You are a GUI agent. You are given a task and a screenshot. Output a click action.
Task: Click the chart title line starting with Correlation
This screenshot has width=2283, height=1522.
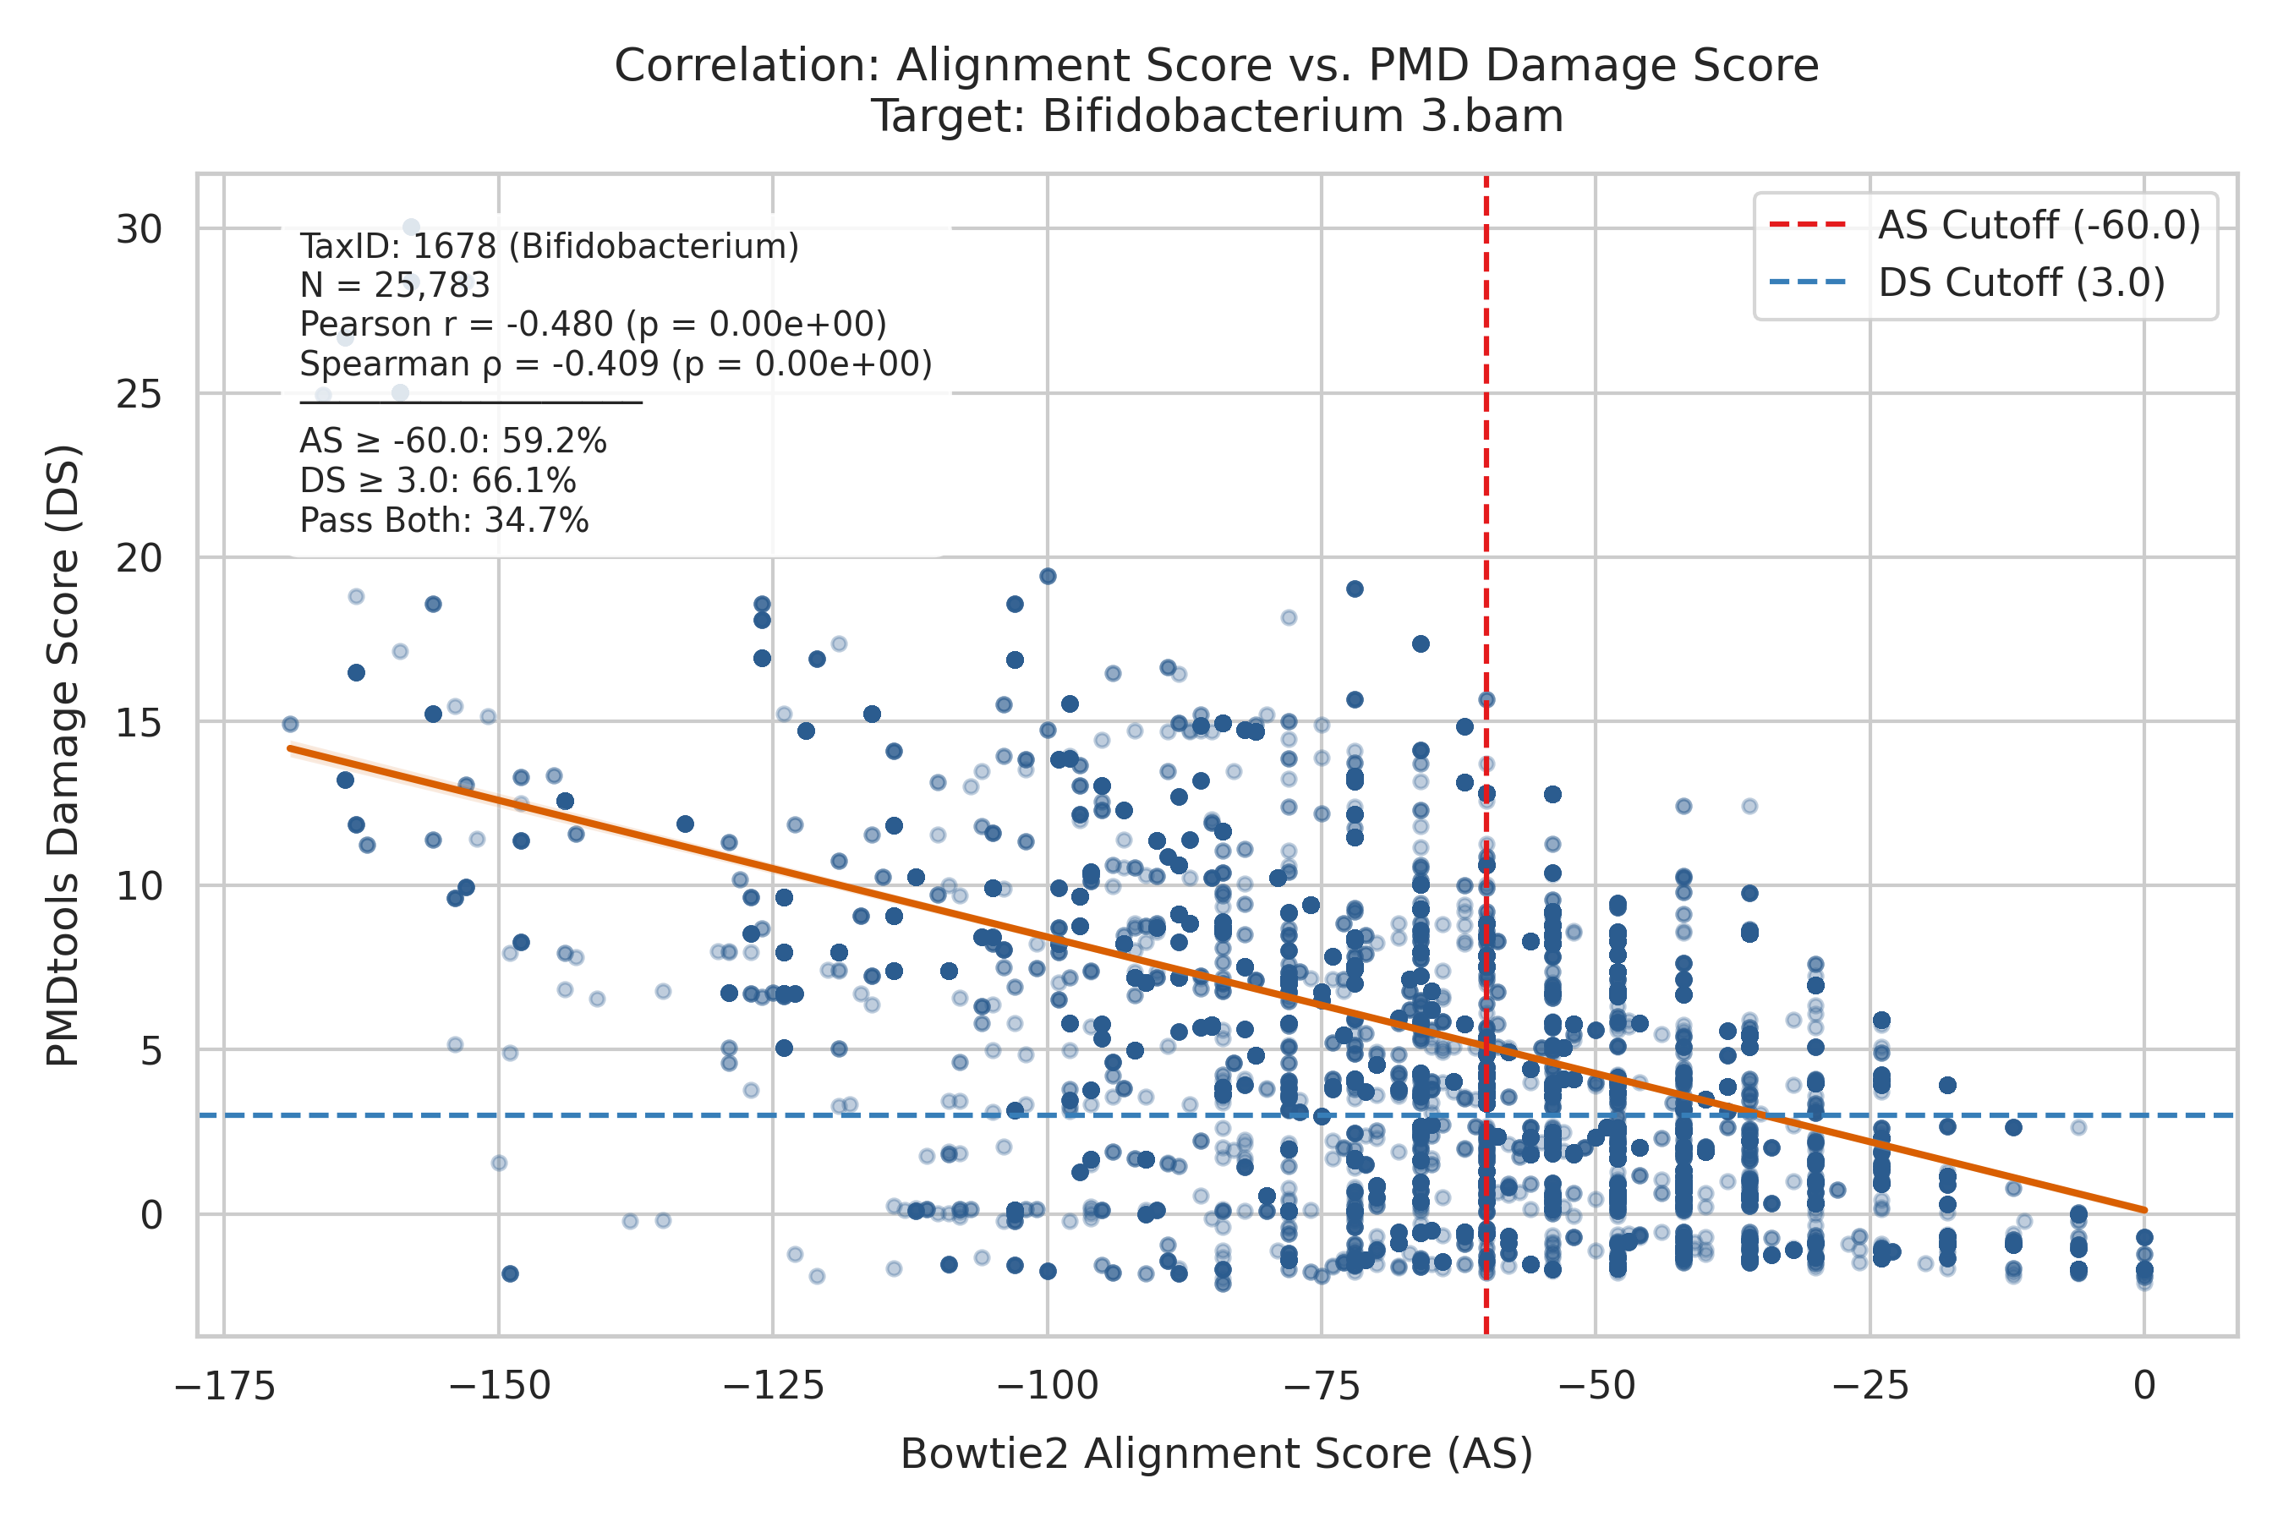[x=1216, y=66]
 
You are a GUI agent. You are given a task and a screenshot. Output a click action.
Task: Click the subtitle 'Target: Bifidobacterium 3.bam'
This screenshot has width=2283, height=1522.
[x=1216, y=117]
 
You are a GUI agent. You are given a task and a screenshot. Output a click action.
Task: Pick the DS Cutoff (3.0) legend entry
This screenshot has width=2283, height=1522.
[x=1967, y=283]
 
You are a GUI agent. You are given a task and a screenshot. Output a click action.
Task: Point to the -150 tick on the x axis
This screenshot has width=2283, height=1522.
[x=499, y=1386]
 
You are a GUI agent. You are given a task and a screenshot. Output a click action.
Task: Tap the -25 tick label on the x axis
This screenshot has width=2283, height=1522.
[x=1870, y=1386]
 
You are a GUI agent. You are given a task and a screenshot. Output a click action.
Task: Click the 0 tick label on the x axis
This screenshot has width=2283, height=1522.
[x=2145, y=1386]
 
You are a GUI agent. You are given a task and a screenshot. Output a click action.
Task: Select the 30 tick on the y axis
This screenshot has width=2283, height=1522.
[x=139, y=230]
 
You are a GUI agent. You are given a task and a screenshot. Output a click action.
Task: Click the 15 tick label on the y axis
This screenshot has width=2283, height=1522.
[x=139, y=723]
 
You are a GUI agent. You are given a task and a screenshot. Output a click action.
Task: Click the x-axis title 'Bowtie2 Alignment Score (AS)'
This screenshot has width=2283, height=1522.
[x=1216, y=1454]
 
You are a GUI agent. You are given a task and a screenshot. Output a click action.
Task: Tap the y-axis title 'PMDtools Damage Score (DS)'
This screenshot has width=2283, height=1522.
[x=64, y=756]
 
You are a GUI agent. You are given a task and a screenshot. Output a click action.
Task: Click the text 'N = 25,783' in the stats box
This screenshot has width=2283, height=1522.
[x=395, y=286]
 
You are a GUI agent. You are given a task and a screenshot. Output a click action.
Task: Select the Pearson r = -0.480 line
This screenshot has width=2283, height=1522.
[x=593, y=324]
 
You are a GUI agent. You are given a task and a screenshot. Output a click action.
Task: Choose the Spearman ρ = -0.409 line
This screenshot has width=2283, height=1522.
[x=616, y=364]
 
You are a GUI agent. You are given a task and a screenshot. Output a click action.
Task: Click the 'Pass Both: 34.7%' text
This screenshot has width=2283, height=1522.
[x=445, y=521]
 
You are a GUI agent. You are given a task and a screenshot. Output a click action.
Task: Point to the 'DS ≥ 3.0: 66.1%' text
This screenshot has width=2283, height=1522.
[x=438, y=481]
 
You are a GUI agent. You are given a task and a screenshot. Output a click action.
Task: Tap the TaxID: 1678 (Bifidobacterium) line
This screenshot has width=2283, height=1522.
[x=550, y=247]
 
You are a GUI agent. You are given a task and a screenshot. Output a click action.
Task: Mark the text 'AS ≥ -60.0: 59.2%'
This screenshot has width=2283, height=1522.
[x=453, y=441]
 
